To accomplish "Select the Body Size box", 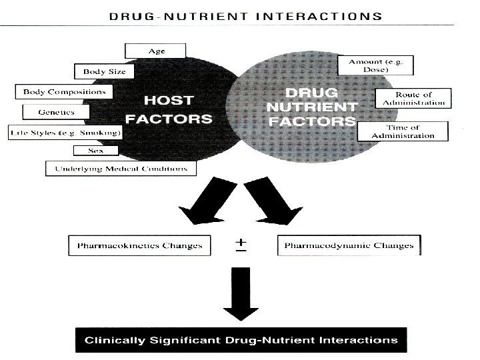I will [x=104, y=71].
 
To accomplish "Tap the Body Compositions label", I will [x=64, y=91].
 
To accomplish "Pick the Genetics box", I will [x=57, y=112].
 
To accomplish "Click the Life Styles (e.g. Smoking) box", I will [x=64, y=133].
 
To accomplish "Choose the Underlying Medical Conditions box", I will [x=121, y=169].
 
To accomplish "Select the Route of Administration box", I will [x=414, y=98].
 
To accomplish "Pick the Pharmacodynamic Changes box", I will [x=349, y=245].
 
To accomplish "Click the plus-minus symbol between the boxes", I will [x=239, y=245].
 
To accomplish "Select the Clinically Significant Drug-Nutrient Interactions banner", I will [x=241, y=340].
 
